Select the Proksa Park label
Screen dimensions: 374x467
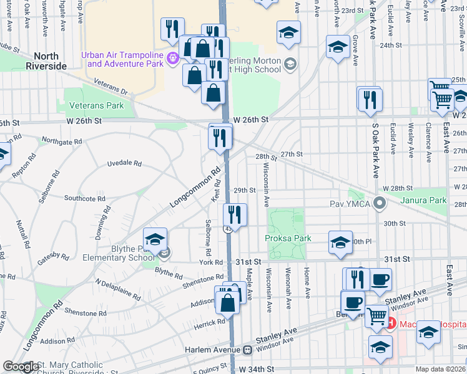(288, 238)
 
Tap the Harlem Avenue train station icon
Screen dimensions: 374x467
(247, 349)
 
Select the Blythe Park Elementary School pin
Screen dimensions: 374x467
(164, 253)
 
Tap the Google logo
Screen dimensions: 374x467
(20, 367)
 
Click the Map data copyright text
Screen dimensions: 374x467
(441, 369)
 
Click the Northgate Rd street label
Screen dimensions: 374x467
(61, 141)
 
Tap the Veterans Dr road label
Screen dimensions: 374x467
(111, 86)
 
